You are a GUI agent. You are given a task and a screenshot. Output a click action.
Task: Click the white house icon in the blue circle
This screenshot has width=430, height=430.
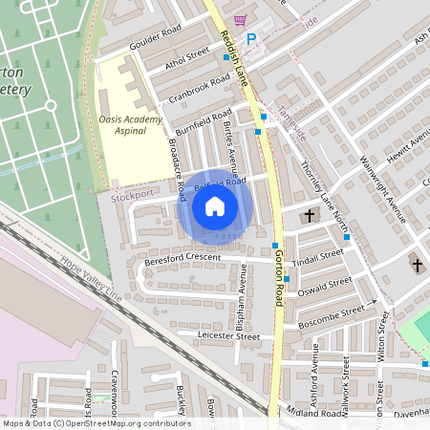click(215, 206)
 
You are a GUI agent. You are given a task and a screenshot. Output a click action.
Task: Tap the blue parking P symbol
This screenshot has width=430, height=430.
click(251, 39)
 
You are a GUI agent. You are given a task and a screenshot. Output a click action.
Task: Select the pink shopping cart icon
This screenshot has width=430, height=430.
click(239, 20)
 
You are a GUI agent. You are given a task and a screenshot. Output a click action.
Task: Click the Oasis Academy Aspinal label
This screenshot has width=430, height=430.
click(122, 125)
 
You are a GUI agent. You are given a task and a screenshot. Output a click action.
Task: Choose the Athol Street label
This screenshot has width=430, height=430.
click(185, 60)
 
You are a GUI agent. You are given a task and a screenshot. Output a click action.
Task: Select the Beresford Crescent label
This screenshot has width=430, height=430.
click(183, 258)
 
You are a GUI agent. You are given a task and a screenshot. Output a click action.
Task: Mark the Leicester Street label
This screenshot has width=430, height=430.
click(228, 336)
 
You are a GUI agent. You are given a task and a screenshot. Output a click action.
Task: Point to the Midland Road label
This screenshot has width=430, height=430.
click(313, 413)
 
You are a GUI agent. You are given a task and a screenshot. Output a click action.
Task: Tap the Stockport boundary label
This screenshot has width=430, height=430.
click(132, 195)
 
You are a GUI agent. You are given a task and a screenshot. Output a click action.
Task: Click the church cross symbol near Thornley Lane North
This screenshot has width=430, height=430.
click(309, 217)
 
